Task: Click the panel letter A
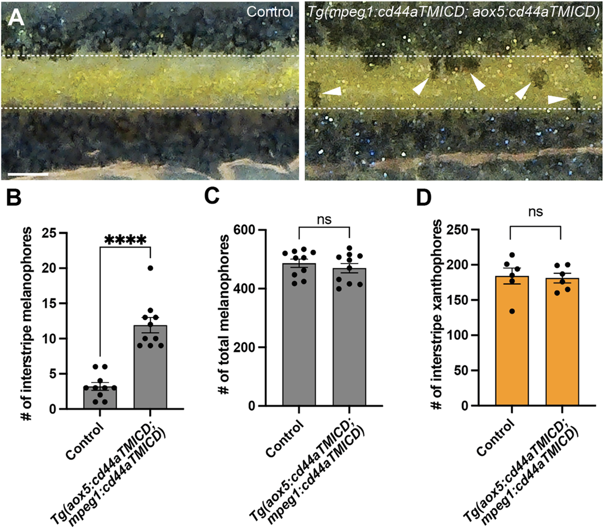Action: click(16, 17)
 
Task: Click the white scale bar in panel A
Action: click(28, 174)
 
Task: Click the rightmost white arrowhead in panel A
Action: click(556, 99)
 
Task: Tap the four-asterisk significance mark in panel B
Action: click(125, 240)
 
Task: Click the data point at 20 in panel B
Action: click(150, 268)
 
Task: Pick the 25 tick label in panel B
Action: click(50, 233)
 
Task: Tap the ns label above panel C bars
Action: click(324, 220)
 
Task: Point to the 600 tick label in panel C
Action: click(244, 230)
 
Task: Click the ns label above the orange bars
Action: click(535, 212)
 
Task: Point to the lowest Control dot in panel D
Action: click(512, 311)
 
